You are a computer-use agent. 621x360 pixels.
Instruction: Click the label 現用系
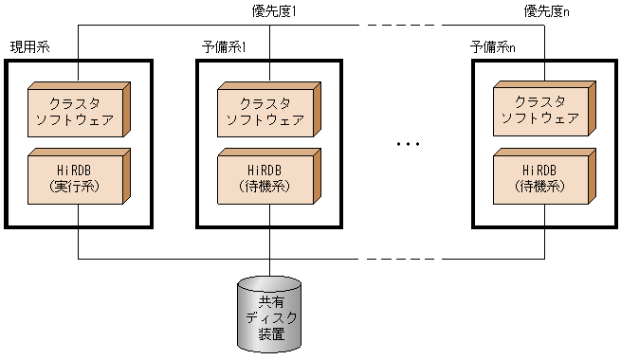29,47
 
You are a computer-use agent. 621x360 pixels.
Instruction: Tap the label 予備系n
493,47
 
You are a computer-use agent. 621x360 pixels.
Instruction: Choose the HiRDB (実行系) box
74,178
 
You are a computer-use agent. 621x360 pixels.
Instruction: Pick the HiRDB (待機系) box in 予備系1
264,178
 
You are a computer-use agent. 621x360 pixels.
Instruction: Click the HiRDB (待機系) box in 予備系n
539,178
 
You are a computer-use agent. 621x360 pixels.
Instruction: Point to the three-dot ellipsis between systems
408,144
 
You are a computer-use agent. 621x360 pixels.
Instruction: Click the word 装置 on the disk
270,333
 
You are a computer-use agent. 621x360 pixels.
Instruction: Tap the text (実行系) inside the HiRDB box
74,188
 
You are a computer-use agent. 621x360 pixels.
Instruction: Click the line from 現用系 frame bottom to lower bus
78,243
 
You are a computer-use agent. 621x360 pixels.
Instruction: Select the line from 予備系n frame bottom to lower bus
544,243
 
